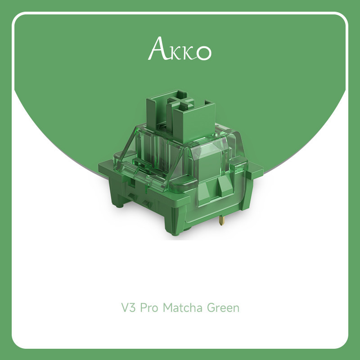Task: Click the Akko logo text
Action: (x=180, y=49)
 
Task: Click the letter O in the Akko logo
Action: (x=203, y=53)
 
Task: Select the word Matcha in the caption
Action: (x=183, y=308)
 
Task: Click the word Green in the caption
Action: (x=223, y=308)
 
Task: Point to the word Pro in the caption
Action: (x=149, y=308)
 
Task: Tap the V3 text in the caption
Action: (x=129, y=308)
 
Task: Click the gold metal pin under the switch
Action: (x=221, y=220)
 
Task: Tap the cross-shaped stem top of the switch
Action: (x=181, y=103)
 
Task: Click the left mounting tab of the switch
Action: (x=106, y=170)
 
